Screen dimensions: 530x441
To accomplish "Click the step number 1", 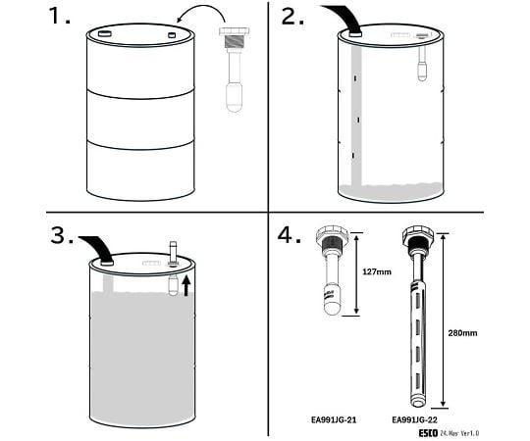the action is click(x=59, y=16).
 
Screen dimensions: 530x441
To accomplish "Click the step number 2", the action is click(x=292, y=17).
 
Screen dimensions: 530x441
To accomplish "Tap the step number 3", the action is click(x=62, y=235).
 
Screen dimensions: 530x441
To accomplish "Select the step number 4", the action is click(x=289, y=235).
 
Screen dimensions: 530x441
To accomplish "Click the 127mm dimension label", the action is click(x=377, y=271).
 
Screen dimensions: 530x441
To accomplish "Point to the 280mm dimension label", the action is click(x=462, y=333).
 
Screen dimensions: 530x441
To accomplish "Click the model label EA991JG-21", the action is click(x=334, y=420).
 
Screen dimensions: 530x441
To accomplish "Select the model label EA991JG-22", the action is click(x=414, y=420).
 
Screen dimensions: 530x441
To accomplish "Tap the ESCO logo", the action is click(x=429, y=433).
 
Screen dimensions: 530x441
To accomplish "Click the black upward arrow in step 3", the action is click(x=186, y=286).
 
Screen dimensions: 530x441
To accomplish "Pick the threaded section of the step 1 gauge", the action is click(x=235, y=41).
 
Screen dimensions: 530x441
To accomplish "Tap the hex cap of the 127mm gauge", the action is click(x=332, y=234).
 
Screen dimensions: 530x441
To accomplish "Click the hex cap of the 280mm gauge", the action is click(x=418, y=234).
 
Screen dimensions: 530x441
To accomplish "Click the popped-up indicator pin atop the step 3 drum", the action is click(x=173, y=253).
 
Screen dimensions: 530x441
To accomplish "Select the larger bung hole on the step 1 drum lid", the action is click(x=104, y=33).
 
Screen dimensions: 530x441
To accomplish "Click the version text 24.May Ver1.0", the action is click(x=459, y=433).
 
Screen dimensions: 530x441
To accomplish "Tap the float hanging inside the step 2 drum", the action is click(x=421, y=72).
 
